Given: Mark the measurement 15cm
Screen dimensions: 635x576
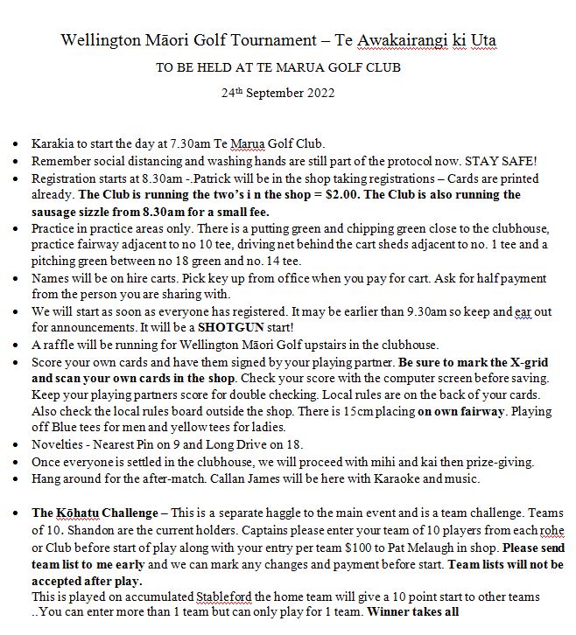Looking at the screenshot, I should pos(334,411).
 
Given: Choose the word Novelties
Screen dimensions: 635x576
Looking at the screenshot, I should pos(57,444).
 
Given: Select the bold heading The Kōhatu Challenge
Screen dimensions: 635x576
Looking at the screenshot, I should pos(96,513).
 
